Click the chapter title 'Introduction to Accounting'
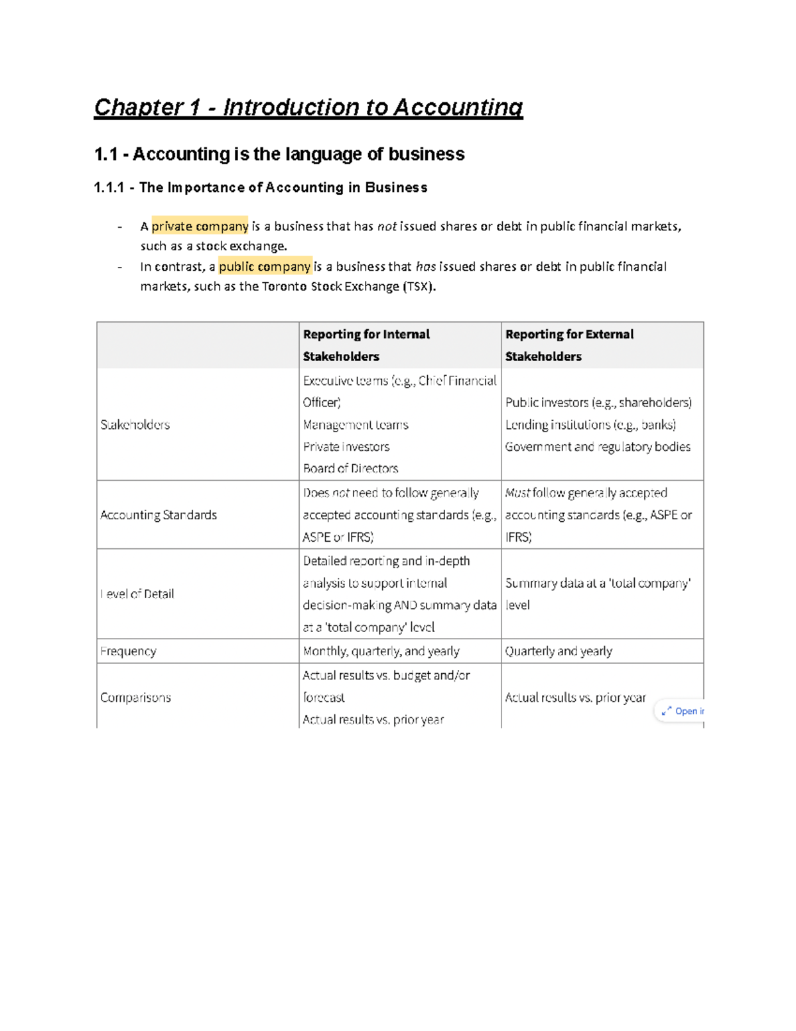point(372,108)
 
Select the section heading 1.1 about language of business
point(279,154)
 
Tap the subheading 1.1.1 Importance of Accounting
point(261,188)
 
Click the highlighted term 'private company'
point(200,226)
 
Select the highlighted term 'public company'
point(265,267)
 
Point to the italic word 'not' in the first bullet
point(387,226)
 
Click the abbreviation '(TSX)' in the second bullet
point(419,287)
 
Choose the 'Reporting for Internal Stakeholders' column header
point(366,345)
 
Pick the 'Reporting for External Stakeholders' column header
point(569,345)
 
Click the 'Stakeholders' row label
point(135,425)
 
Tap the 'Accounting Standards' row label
point(159,515)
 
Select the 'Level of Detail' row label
point(137,594)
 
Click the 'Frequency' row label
point(128,651)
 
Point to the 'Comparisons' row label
point(135,698)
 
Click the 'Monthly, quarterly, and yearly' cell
point(381,651)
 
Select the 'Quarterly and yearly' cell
point(559,651)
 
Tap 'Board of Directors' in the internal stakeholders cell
point(350,469)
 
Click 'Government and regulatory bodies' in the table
point(598,447)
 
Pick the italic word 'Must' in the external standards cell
point(517,493)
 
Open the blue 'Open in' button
point(682,711)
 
